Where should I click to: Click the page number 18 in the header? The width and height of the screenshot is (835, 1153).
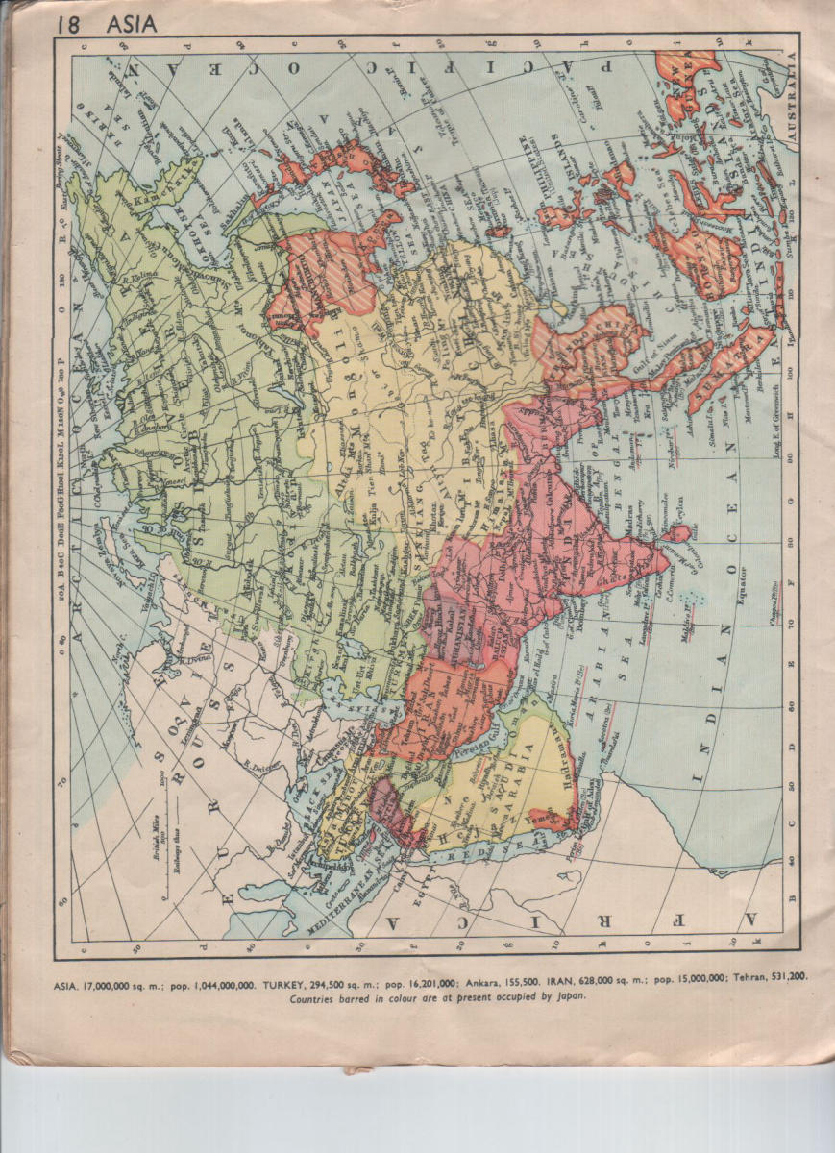click(68, 24)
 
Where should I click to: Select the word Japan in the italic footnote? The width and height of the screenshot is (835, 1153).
click(566, 996)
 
